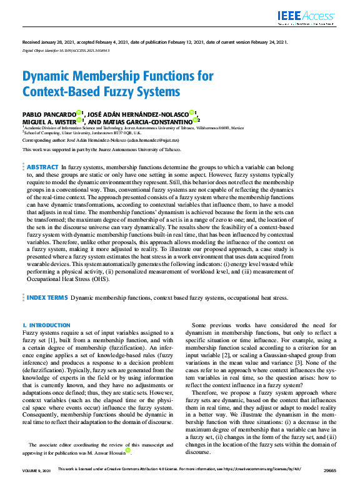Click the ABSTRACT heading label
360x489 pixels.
42,168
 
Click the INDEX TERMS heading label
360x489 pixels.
47,298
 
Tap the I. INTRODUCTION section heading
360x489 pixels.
46,325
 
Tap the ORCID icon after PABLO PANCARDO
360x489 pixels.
79,112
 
